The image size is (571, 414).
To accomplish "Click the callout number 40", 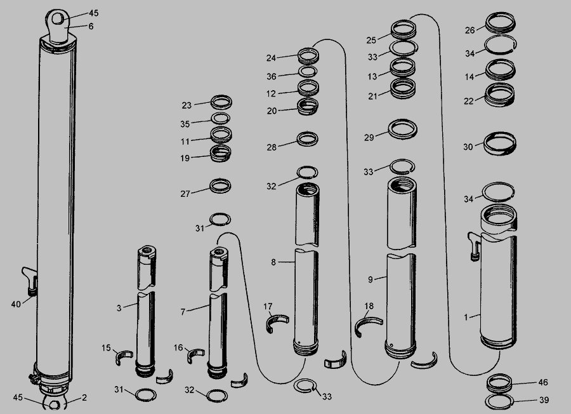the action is [x=16, y=304].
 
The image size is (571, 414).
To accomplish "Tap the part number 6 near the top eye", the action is [x=91, y=26].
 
